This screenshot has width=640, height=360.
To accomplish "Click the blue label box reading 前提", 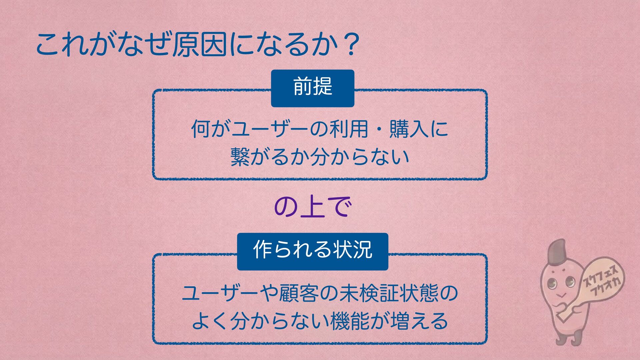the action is point(312,88).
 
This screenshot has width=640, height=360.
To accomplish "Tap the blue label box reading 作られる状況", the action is point(312,251).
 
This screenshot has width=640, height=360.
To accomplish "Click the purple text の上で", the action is point(312,207).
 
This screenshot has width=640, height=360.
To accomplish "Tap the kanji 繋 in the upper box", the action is point(240,157).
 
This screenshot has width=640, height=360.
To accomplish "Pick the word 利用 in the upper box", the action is point(349,129).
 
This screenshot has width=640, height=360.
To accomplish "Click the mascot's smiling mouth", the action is point(561,295).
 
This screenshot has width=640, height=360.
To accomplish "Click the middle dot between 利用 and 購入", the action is point(379,129).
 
